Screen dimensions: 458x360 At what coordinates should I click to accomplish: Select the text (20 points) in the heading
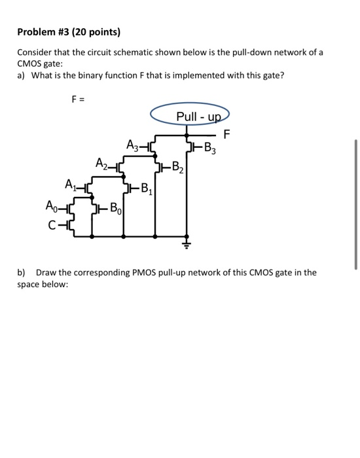click(96, 32)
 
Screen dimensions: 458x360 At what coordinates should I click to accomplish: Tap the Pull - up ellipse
click(189, 116)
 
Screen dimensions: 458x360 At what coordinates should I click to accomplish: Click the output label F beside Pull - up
click(227, 135)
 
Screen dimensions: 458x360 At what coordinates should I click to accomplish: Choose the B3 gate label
click(209, 147)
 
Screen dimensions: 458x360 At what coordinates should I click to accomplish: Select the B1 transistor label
click(147, 192)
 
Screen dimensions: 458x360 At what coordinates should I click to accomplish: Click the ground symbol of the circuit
click(189, 245)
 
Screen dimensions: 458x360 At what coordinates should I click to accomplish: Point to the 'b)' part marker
click(22, 272)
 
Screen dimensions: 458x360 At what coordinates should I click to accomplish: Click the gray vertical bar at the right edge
click(355, 203)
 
